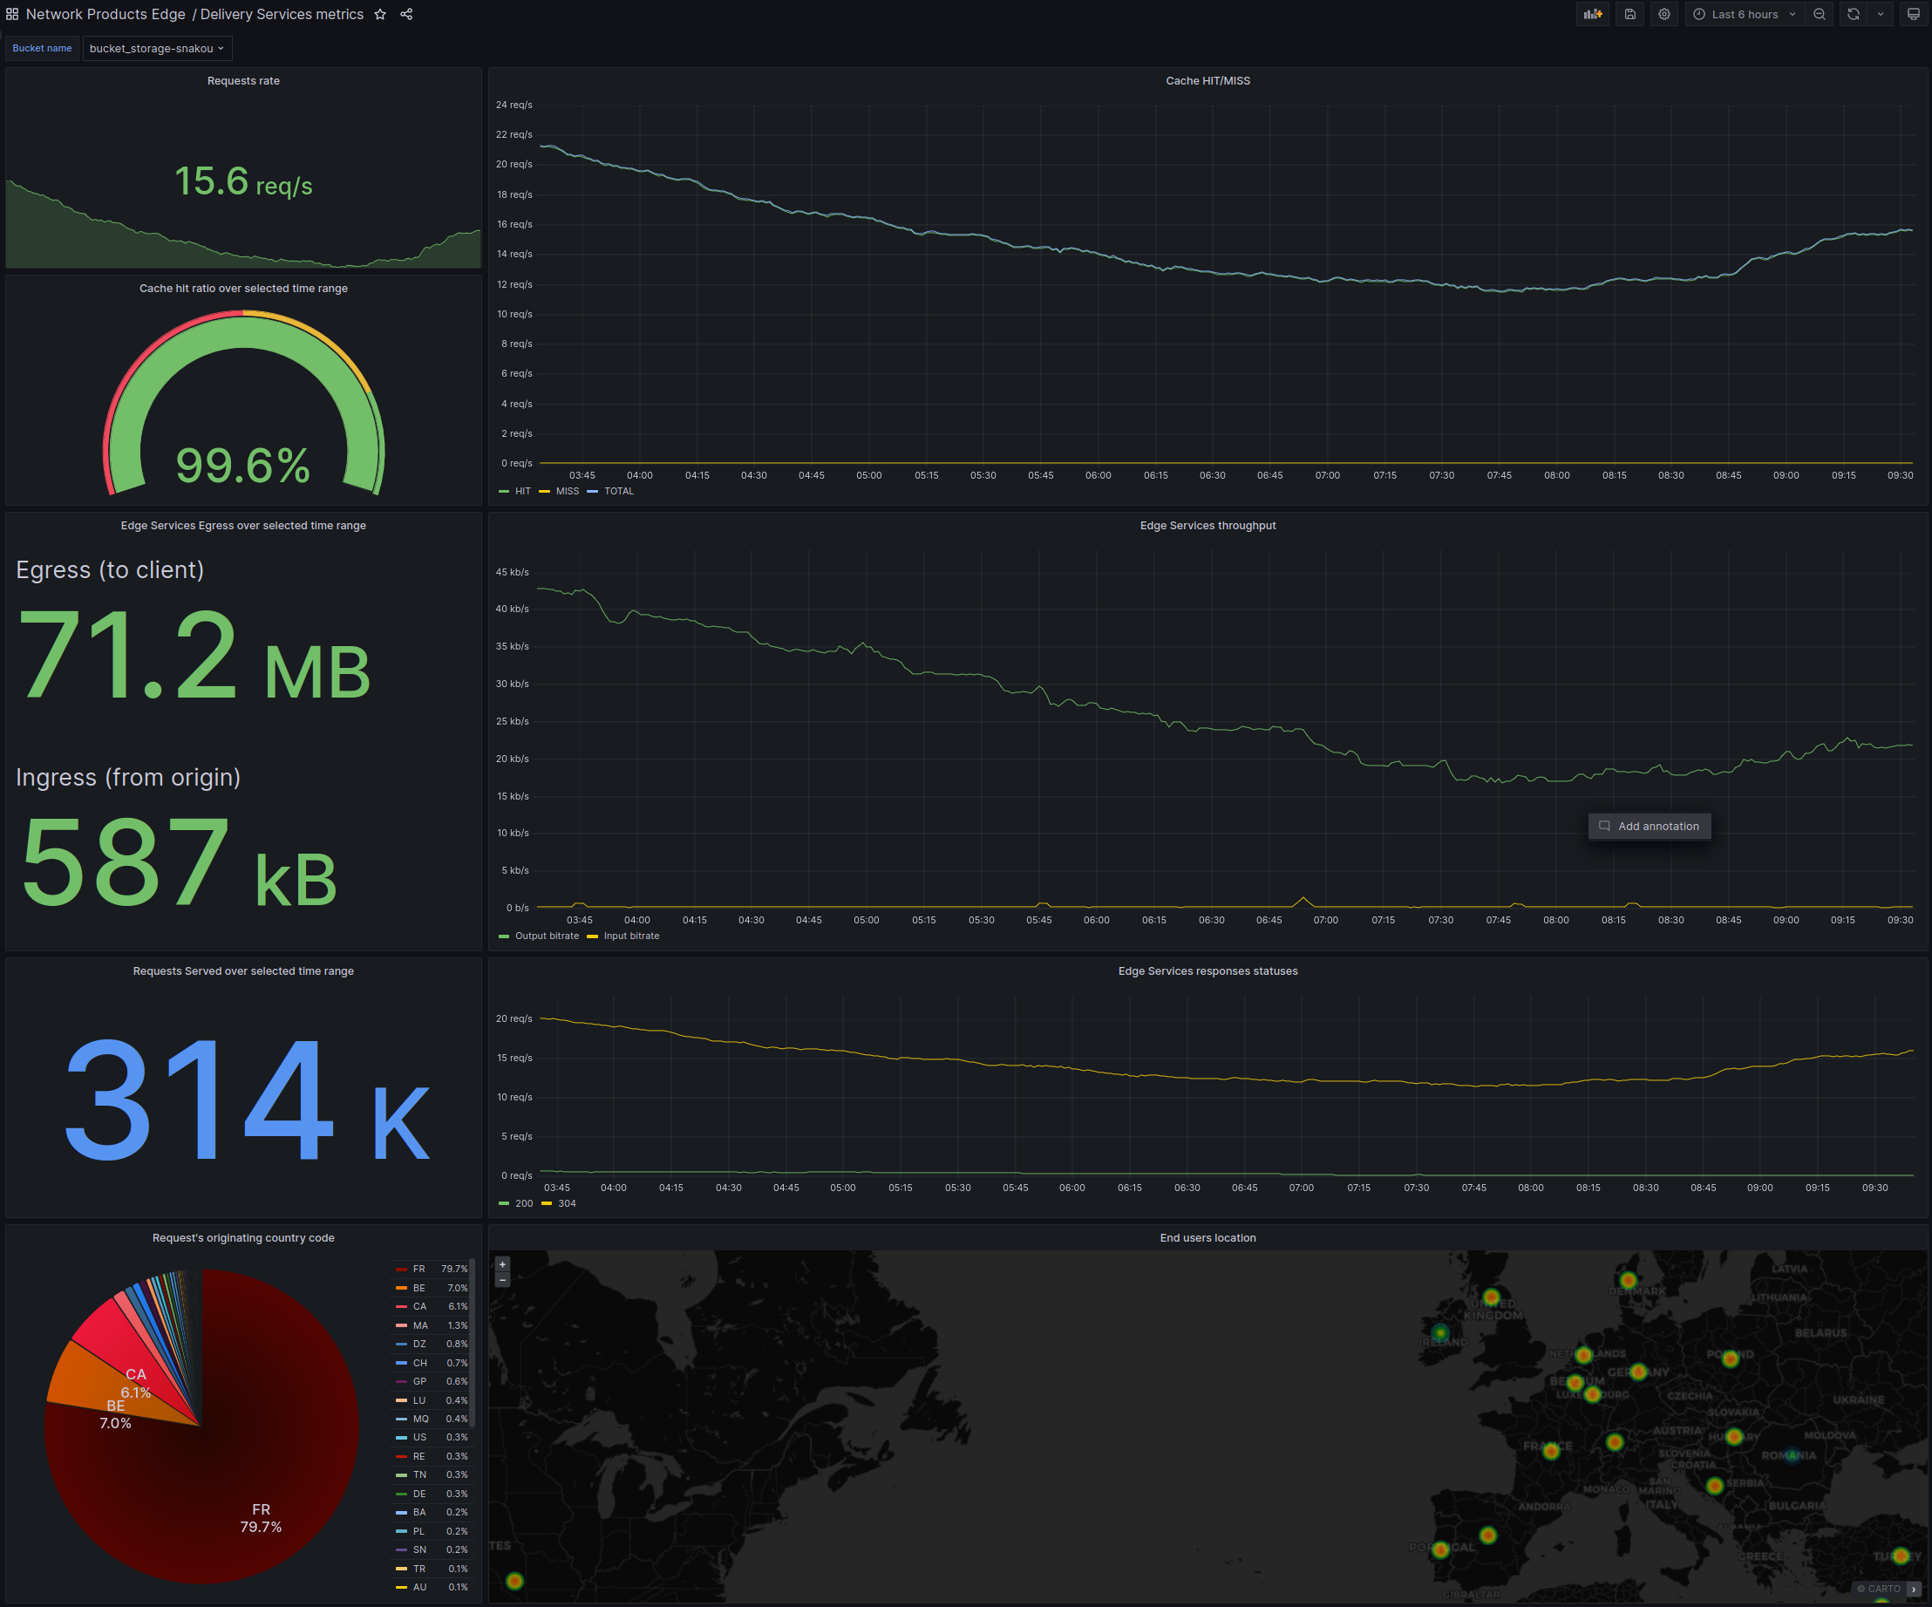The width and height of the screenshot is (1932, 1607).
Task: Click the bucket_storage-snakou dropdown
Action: tap(156, 49)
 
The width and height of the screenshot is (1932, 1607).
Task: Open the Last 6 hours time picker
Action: tap(1745, 15)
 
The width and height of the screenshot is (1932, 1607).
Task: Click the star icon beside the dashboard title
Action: tap(380, 15)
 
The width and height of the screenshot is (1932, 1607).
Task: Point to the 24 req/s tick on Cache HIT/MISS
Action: tap(514, 105)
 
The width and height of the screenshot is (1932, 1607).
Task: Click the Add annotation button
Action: tap(1650, 826)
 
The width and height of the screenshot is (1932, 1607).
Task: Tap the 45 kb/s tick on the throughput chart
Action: tap(513, 572)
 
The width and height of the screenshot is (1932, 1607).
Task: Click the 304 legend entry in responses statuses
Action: tap(566, 1203)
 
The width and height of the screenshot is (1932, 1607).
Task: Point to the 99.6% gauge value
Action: tap(243, 466)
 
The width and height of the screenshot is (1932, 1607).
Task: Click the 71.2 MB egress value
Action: tap(194, 657)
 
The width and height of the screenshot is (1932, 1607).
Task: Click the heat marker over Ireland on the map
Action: tap(1441, 1333)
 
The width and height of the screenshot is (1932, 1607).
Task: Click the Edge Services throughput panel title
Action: tap(1207, 525)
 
